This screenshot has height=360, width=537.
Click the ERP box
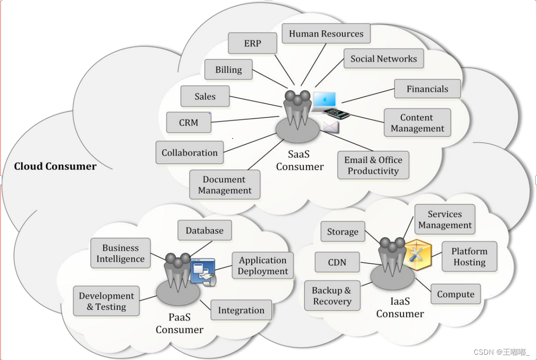tap(253, 43)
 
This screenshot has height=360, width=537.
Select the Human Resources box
tap(326, 34)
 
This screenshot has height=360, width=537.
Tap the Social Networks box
tap(383, 59)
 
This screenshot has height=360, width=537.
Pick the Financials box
tap(427, 89)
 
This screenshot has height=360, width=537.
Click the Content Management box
tap(417, 123)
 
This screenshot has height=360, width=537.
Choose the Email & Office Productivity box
tap(373, 165)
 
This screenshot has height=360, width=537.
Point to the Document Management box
tap(225, 185)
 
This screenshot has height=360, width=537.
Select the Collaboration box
tap(190, 153)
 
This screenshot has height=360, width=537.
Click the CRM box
tap(189, 123)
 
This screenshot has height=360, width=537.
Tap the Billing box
tap(229, 70)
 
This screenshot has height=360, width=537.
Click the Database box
tap(205, 230)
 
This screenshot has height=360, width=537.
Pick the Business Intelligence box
tap(120, 253)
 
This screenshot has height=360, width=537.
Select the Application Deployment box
tap(263, 266)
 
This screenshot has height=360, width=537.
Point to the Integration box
tap(241, 310)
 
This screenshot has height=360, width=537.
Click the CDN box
tap(337, 262)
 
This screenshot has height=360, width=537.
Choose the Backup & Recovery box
tap(332, 296)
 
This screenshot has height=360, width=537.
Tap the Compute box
tap(455, 294)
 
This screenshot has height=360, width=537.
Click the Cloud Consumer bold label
tap(55, 167)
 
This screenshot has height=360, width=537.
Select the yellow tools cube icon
tap(416, 254)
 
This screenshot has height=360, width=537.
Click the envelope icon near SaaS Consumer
tap(331, 127)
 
